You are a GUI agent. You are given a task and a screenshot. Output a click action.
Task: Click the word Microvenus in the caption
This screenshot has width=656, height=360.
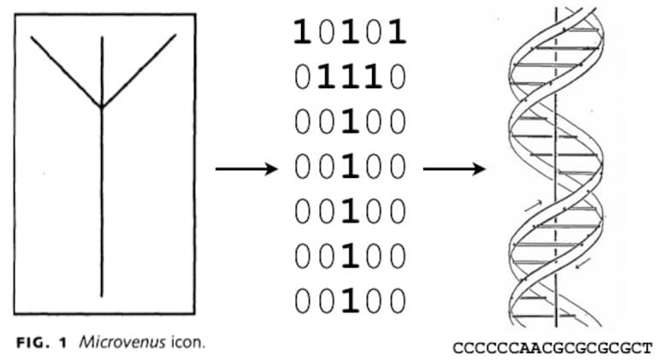(122, 343)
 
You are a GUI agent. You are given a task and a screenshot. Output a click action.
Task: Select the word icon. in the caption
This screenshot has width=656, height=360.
(188, 343)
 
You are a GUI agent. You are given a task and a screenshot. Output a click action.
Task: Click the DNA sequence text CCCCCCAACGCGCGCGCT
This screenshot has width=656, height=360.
(553, 348)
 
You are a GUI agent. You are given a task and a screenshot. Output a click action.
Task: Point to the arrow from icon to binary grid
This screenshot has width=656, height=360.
(246, 169)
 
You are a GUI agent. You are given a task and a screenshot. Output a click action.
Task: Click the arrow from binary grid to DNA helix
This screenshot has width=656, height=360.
(454, 169)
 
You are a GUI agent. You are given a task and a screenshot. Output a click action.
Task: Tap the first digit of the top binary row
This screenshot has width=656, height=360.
(302, 32)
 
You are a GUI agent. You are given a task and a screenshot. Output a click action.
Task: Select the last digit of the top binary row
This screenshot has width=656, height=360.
(398, 32)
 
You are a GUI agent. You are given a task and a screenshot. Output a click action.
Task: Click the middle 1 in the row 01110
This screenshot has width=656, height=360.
(350, 77)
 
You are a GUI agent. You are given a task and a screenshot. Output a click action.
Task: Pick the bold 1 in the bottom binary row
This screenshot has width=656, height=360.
(350, 302)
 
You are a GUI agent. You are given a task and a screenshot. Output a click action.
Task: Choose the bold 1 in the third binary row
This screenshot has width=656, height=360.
(350, 121)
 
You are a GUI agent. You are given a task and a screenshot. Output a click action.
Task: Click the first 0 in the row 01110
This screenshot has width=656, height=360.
(302, 77)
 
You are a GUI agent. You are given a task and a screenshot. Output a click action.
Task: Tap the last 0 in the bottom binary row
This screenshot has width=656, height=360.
(398, 302)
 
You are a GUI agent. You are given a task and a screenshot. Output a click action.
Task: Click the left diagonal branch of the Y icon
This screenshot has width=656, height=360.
(66, 72)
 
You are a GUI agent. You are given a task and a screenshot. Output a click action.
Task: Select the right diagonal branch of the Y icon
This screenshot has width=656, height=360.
(139, 71)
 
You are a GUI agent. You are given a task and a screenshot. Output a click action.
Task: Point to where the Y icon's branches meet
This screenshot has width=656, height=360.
(102, 107)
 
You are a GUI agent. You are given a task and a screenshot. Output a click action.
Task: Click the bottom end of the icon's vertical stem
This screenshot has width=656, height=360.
(102, 297)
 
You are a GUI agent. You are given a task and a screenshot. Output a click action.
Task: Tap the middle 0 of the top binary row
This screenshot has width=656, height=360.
(350, 32)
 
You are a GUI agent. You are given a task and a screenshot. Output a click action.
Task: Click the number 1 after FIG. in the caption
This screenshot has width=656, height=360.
(62, 343)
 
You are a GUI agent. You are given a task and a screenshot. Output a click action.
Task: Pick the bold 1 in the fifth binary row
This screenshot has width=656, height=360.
(350, 211)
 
